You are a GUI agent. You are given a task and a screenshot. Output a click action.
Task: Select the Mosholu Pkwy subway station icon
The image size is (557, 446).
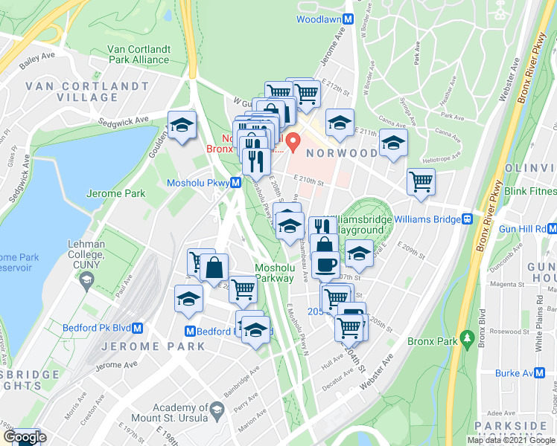click(235, 182)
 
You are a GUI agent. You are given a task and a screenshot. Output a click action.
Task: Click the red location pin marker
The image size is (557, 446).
click(293, 139)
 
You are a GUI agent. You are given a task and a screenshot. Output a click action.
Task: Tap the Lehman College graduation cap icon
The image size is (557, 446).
click(87, 280)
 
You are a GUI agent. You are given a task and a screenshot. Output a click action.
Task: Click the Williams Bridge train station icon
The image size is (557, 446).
click(468, 219)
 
